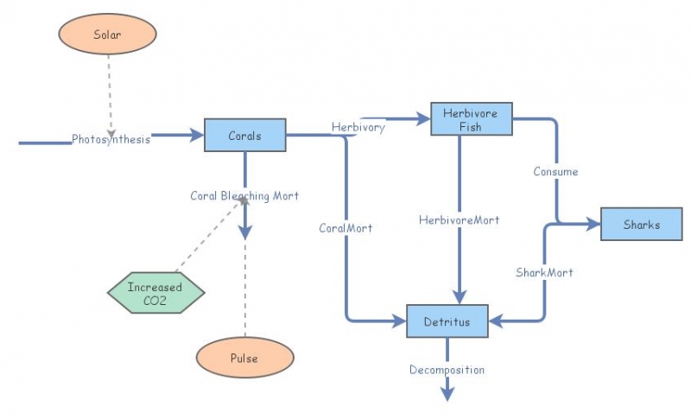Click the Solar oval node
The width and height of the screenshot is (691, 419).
[x=107, y=35]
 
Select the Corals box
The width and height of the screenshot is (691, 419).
[x=244, y=136]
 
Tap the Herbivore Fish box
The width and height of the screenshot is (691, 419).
[x=471, y=119]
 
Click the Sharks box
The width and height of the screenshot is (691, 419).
[x=641, y=225]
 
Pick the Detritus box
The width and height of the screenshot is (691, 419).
[x=447, y=321]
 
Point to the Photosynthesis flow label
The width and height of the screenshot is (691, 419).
[x=111, y=139]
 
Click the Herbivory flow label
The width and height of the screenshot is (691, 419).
[x=358, y=127]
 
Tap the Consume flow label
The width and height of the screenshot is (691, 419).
[x=555, y=171]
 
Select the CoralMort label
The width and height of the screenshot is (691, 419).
[x=345, y=228]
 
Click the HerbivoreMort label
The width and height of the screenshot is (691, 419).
[x=459, y=219]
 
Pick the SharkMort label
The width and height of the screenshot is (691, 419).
[x=544, y=272]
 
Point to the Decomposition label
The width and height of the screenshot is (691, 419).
[x=447, y=370]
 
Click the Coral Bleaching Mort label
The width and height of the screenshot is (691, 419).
[x=244, y=195]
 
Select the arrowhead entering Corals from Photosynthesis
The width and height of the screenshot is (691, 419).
[x=196, y=136]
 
